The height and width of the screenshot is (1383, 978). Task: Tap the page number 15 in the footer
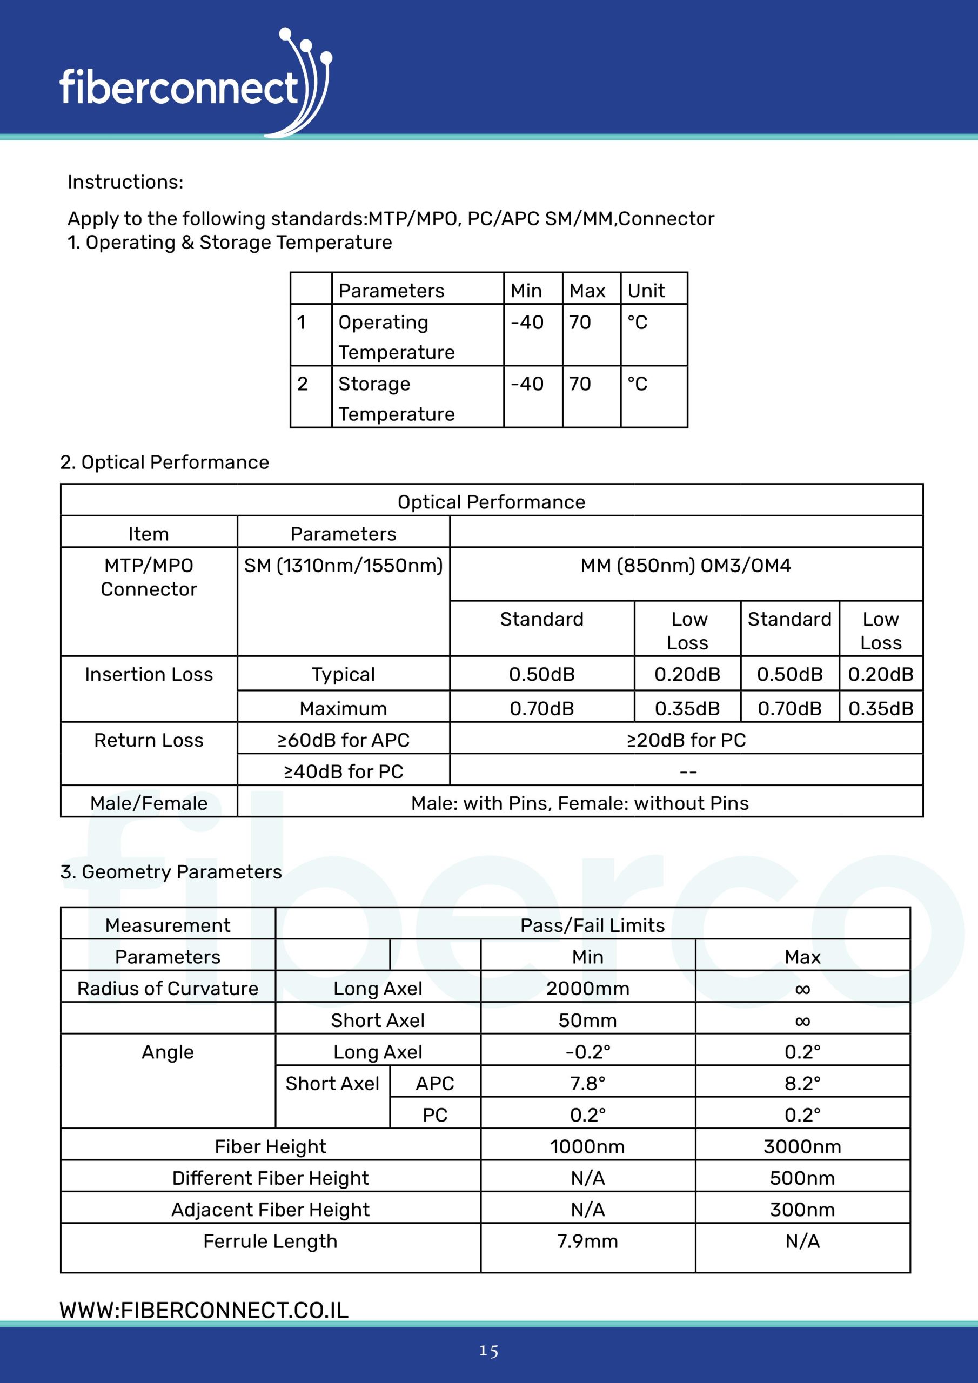[x=488, y=1351]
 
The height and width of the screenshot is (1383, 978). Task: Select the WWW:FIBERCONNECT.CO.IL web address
[x=204, y=1310]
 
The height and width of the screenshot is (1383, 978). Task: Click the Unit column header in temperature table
[x=646, y=291]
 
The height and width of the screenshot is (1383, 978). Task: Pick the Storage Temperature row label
[x=397, y=398]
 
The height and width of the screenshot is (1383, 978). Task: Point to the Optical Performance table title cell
[x=491, y=502]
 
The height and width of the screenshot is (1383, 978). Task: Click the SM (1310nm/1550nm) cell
[x=343, y=566]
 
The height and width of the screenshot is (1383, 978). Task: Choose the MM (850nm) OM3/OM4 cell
[x=686, y=566]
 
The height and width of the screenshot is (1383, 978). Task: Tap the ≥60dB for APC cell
[x=343, y=740]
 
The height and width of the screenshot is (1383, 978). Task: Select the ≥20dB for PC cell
[x=686, y=740]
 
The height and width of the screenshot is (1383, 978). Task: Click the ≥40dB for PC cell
[x=343, y=771]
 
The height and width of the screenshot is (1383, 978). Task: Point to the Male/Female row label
[x=149, y=803]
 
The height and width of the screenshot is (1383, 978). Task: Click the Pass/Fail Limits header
[x=592, y=925]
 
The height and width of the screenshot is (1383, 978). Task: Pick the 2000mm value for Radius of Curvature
[x=587, y=989]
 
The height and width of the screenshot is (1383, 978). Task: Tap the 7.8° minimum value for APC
[x=587, y=1083]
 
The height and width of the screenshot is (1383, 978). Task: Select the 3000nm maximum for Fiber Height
[x=802, y=1146]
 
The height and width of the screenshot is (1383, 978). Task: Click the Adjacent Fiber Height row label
[x=270, y=1210]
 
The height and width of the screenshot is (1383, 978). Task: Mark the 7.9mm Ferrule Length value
[x=587, y=1241]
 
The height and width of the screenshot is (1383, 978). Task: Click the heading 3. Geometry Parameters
[x=171, y=871]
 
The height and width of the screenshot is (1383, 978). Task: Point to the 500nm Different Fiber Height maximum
[x=802, y=1178]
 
